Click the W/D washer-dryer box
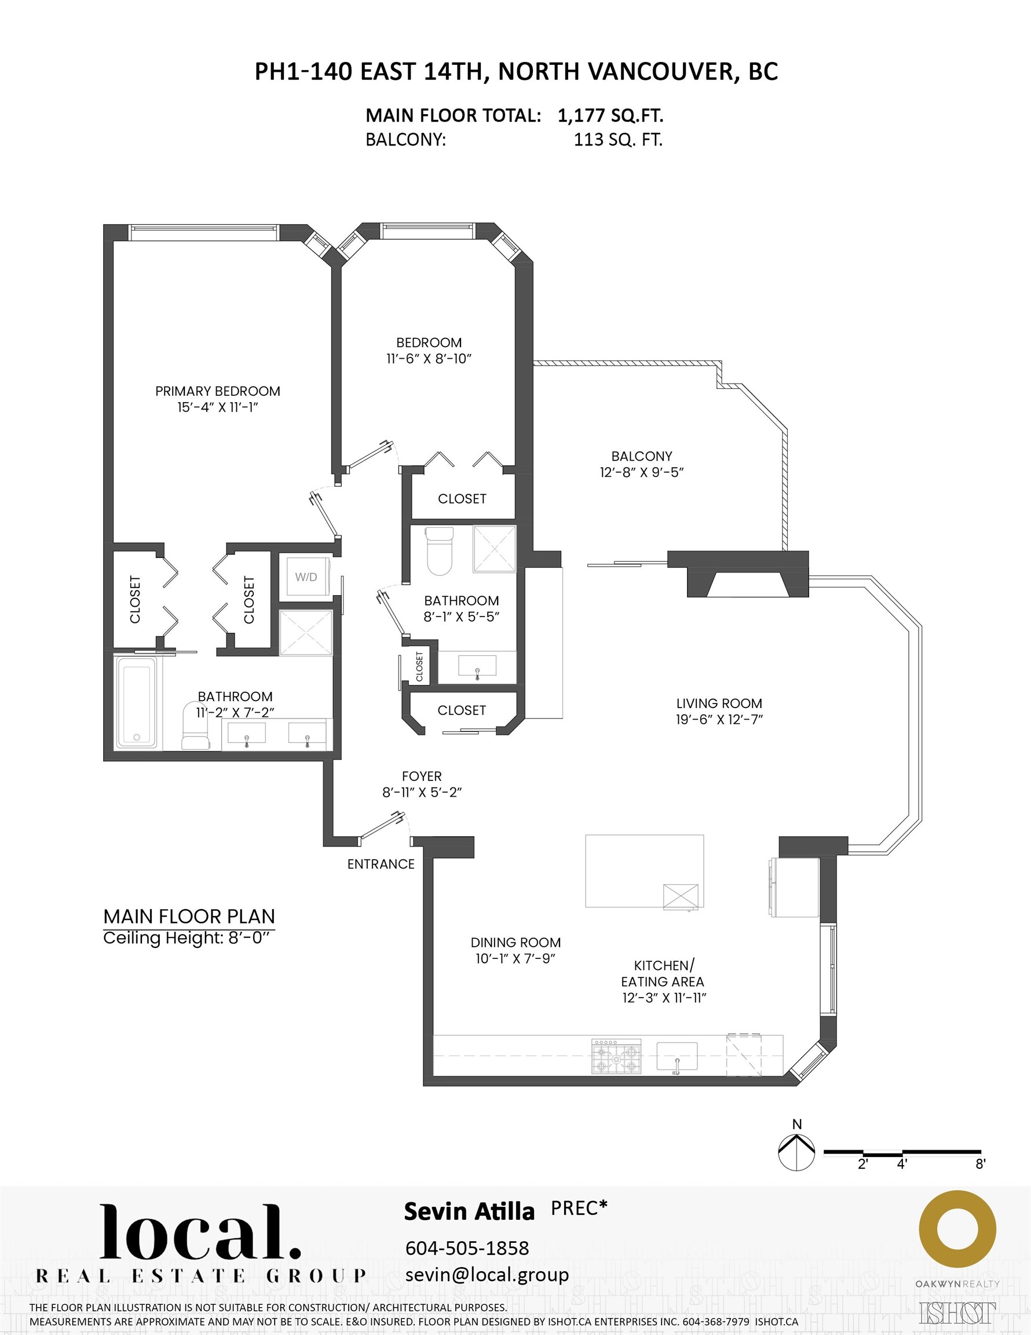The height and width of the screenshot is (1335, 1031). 306,577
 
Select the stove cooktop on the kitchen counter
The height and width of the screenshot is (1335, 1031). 616,1055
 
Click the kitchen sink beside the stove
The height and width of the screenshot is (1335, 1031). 677,1056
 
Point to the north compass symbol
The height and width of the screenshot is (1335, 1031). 796,1152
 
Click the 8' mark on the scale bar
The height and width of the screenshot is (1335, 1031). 980,1164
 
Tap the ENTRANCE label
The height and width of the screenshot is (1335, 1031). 381,864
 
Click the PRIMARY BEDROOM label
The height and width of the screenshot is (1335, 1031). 218,391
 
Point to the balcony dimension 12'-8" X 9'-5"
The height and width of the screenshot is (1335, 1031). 642,472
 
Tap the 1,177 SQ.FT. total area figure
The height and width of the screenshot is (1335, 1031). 610,115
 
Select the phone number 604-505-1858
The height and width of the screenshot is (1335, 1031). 467,1247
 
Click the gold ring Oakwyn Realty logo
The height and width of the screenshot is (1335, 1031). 957,1230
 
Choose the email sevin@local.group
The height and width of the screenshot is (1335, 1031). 487,1275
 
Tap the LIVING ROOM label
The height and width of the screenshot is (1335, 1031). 719,703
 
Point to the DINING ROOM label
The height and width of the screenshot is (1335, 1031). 515,943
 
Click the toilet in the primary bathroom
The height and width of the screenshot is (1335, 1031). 196,727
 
